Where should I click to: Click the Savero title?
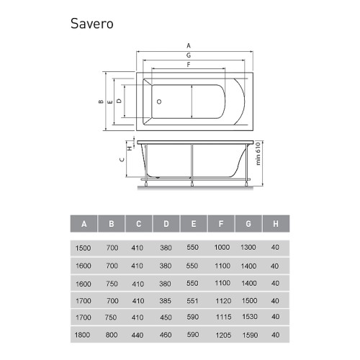92,24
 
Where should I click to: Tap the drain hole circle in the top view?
159,102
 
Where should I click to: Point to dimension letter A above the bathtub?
189,45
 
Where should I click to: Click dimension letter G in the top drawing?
189,55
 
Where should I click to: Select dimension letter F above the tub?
189,65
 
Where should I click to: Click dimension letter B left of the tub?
101,102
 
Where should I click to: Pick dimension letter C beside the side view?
122,160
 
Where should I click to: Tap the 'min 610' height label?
258,153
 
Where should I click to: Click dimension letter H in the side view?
130,148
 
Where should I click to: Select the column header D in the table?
166,224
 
